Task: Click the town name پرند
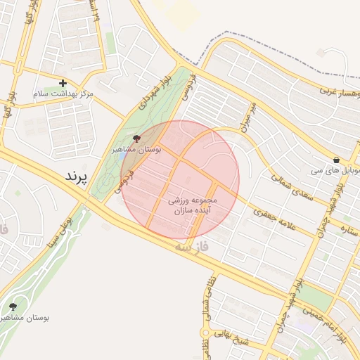point(75,176)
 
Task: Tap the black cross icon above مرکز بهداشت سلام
point(63,83)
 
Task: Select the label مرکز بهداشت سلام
point(63,94)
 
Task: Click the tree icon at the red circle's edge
point(136,139)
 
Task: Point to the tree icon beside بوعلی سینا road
point(13,307)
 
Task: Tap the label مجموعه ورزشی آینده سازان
point(193,205)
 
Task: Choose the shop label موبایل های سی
point(339,171)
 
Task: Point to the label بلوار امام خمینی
point(331,326)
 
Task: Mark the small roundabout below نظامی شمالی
point(206,332)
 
